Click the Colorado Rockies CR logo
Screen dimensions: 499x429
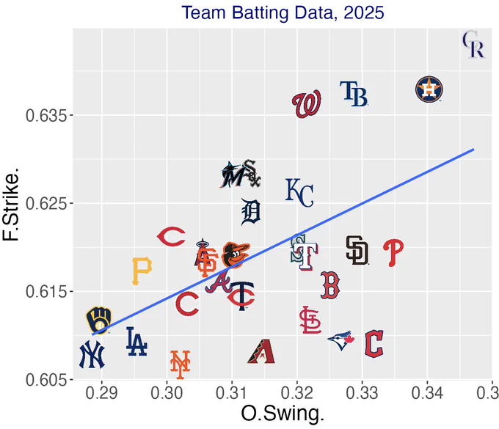coord(473,45)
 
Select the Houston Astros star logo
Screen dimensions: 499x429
coord(429,89)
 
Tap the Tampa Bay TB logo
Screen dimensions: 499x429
coord(354,93)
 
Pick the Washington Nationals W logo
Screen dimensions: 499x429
coord(306,104)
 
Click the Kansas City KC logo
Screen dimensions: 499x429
coord(299,193)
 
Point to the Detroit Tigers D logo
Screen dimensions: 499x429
coord(251,212)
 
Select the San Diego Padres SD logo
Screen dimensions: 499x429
coord(357,250)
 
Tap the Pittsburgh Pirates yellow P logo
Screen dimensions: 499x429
coord(142,271)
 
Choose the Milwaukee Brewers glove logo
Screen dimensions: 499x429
coord(98,320)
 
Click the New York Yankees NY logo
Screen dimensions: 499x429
coord(92,354)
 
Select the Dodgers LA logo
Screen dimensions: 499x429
coord(136,342)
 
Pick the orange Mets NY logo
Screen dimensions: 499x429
coord(180,364)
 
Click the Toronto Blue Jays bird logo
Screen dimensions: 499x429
coord(341,340)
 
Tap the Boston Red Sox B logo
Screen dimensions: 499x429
coord(330,285)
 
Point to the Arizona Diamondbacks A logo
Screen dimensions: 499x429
coord(261,351)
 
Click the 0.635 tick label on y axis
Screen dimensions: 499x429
coord(45,116)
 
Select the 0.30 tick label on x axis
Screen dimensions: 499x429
coord(167,393)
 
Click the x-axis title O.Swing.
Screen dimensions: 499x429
coord(283,414)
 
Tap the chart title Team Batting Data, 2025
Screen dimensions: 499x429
coord(283,12)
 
